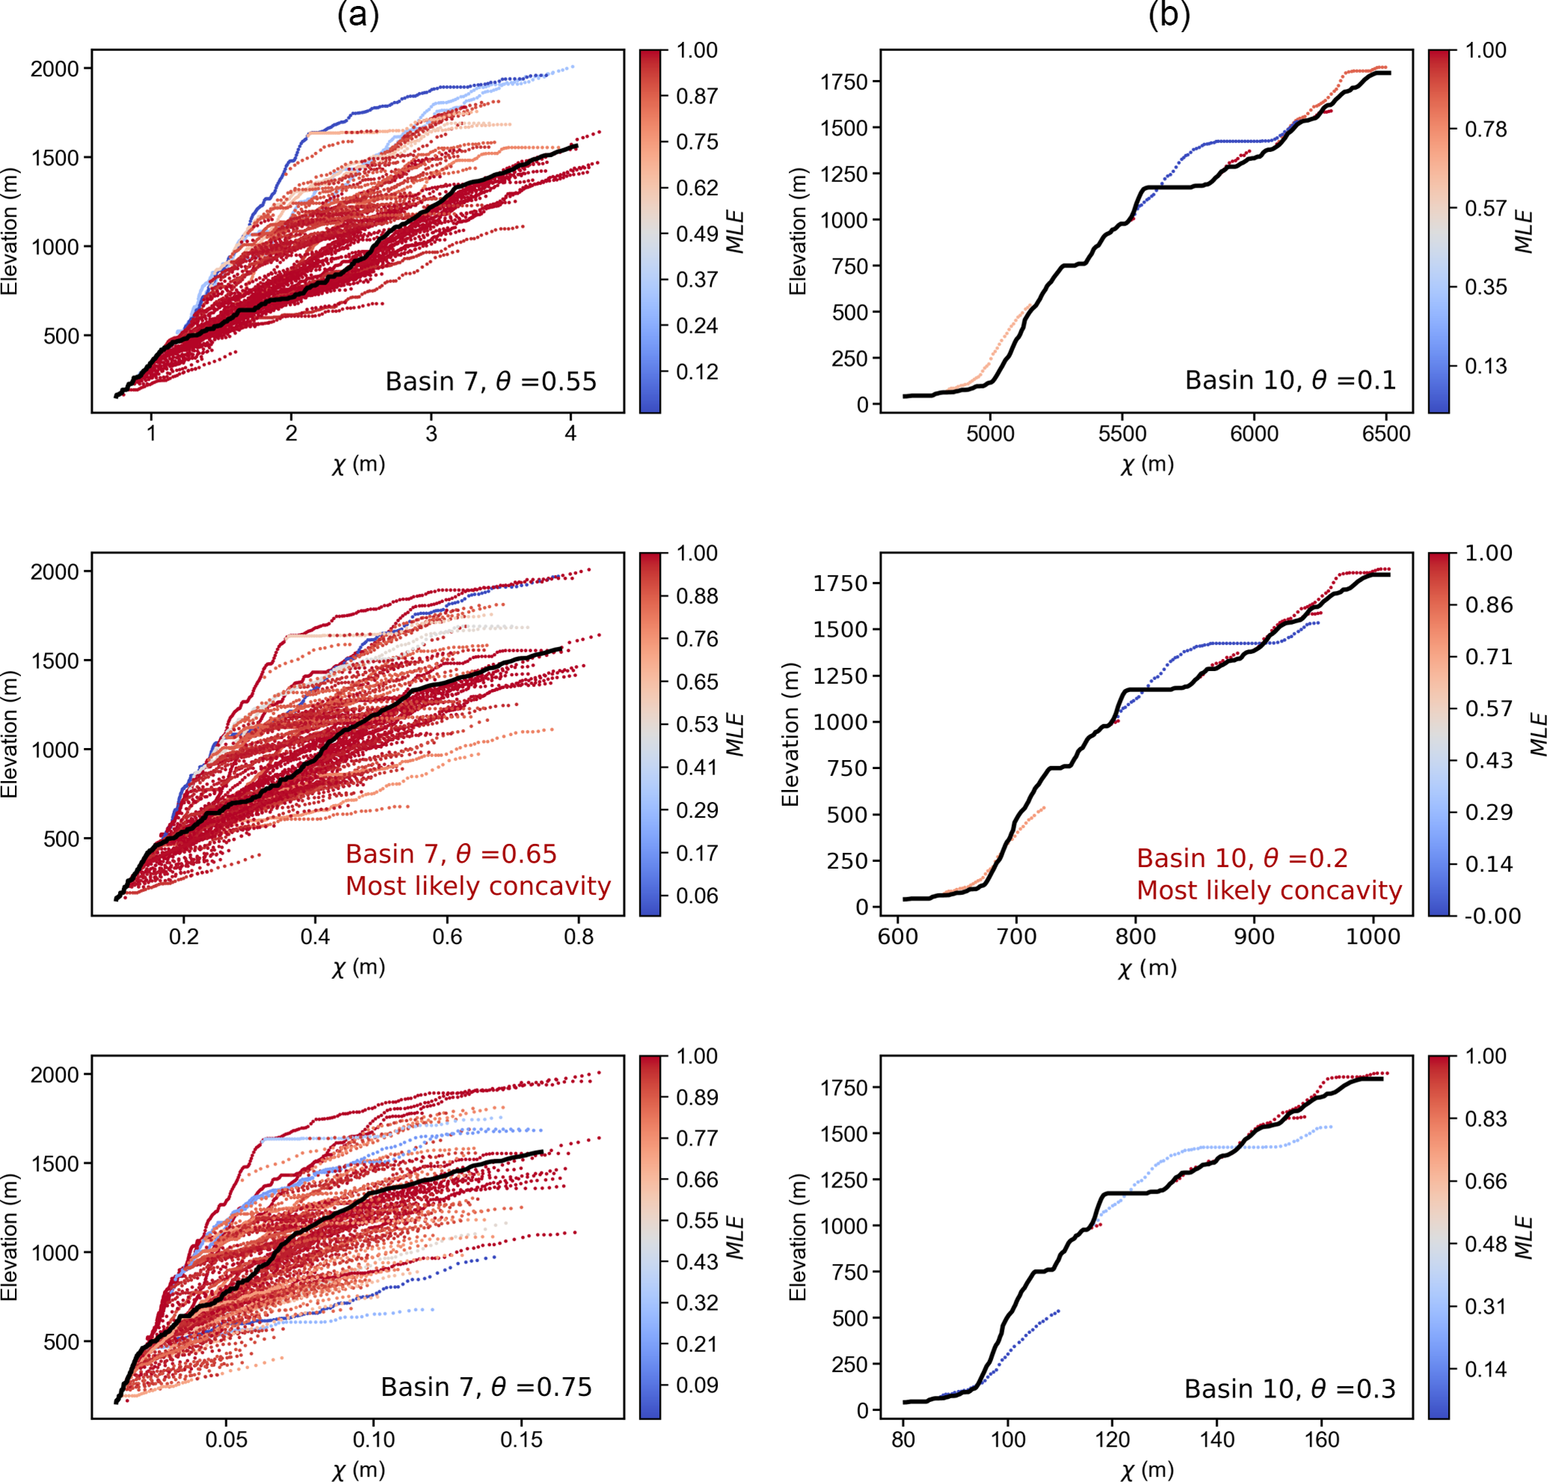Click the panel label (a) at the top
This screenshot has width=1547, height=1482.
pos(358,15)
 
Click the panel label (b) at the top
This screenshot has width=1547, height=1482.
pos(1169,15)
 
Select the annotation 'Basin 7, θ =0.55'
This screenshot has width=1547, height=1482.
pos(490,381)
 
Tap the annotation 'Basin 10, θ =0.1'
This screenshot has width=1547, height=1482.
pos(1290,380)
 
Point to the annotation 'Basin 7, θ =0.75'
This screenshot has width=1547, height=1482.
pos(486,1386)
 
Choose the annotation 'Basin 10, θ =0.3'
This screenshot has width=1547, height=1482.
pos(1290,1388)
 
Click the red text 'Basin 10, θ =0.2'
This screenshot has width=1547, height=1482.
pos(1242,857)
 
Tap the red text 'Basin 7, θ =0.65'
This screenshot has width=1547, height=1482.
pos(451,854)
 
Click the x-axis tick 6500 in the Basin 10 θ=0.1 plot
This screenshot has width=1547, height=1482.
pos(1386,434)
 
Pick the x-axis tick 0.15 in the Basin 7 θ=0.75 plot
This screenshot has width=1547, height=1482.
pos(521,1439)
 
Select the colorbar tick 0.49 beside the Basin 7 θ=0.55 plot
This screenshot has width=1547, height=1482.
pos(697,234)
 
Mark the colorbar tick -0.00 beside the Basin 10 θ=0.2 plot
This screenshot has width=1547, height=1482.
pos(1492,916)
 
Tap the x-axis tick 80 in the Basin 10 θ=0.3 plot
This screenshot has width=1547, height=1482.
pos(903,1439)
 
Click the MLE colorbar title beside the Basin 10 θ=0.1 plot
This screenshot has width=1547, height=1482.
pos(1524,231)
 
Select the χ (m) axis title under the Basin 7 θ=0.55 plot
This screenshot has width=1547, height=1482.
pos(358,464)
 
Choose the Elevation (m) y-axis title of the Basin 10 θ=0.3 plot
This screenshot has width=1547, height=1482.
pos(798,1236)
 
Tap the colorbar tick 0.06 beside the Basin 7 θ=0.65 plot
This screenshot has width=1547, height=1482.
pos(697,896)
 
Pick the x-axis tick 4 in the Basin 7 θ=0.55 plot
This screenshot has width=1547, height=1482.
pos(570,434)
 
